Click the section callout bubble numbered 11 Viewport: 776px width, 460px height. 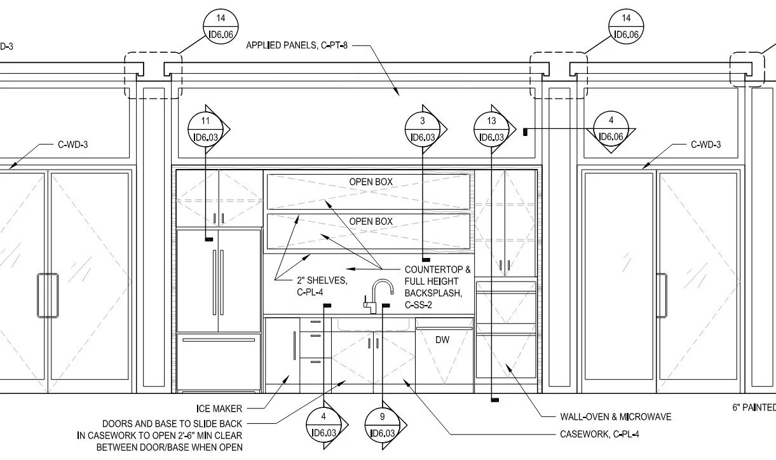(x=205, y=129)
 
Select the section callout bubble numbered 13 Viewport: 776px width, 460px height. (x=492, y=129)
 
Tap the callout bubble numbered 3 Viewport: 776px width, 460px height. (x=423, y=129)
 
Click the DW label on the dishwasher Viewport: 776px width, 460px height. (x=442, y=340)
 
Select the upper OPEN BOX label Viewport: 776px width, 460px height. (x=371, y=182)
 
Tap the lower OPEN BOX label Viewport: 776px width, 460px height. (x=371, y=222)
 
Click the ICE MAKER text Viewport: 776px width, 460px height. (x=219, y=409)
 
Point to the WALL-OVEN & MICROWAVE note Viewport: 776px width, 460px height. (x=615, y=417)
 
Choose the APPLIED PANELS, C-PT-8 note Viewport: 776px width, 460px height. (x=297, y=46)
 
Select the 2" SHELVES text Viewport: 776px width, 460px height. (x=321, y=280)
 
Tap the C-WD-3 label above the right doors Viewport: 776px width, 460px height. (x=705, y=145)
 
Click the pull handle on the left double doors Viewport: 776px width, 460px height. (x=47, y=295)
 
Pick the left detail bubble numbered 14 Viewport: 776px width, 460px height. (x=220, y=27)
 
